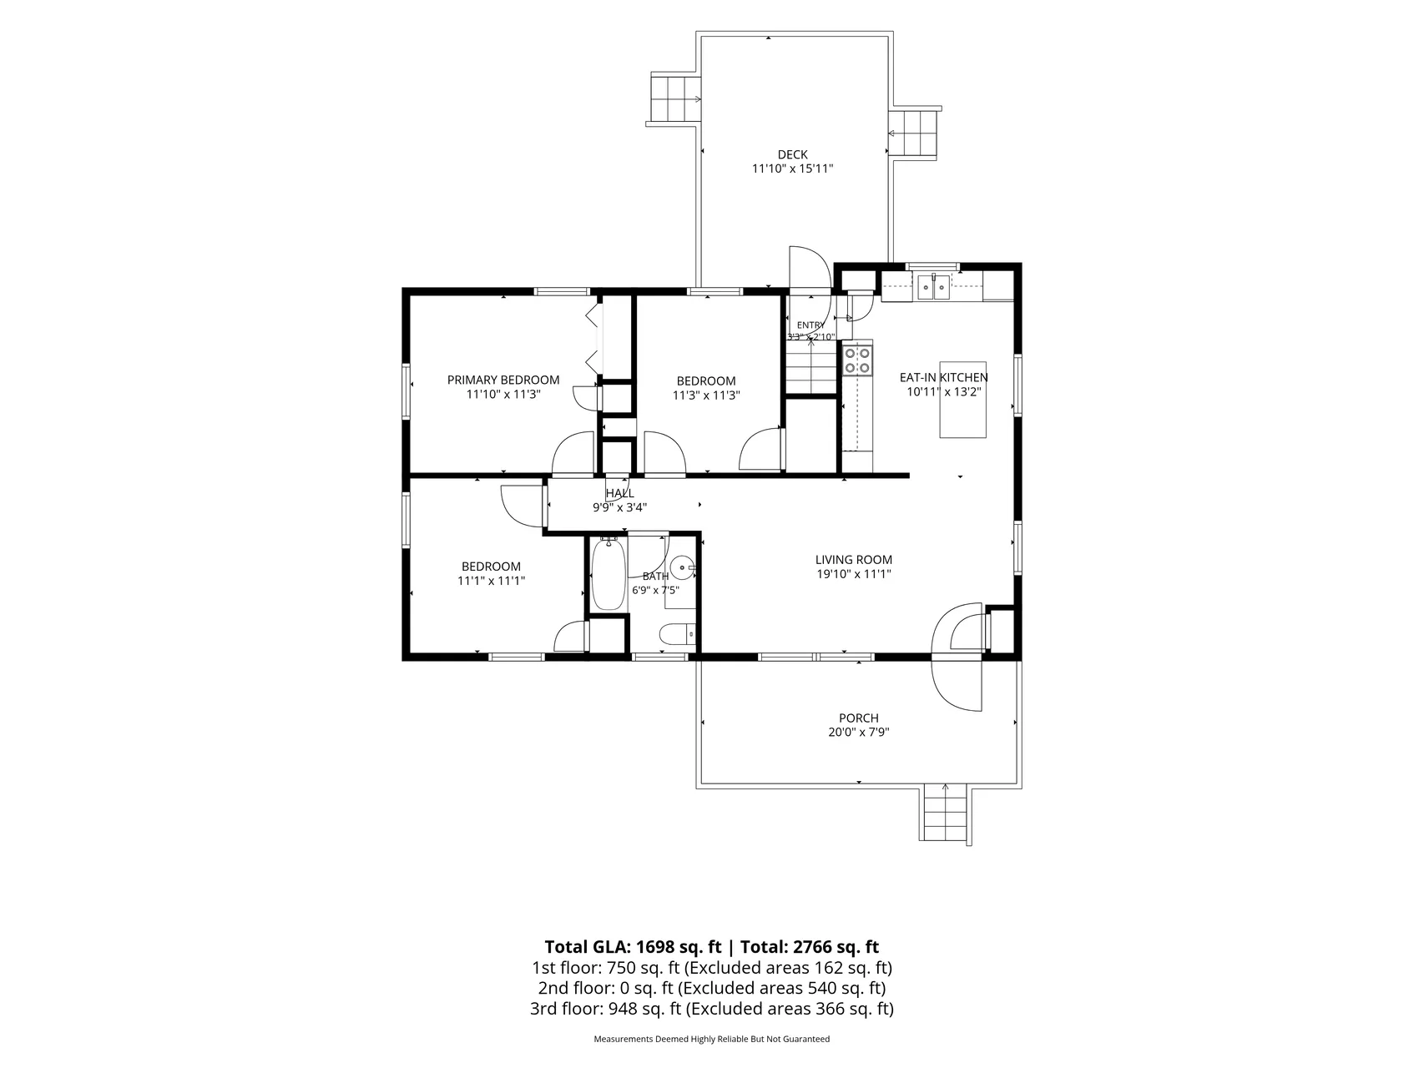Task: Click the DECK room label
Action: coord(792,154)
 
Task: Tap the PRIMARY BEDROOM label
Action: coord(503,380)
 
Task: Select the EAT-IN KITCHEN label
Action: coord(943,377)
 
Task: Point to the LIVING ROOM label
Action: coord(854,560)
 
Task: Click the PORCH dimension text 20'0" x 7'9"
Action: coord(859,733)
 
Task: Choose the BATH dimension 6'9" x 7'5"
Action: coord(655,590)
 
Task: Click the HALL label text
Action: coord(619,493)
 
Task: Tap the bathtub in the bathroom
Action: coord(608,575)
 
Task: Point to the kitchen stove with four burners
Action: coord(857,360)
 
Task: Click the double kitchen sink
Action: coord(934,288)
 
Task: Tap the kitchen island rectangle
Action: coord(963,400)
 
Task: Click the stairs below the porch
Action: coord(946,815)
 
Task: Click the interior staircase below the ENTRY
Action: coord(810,366)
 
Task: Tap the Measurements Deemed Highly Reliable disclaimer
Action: coord(712,1040)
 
